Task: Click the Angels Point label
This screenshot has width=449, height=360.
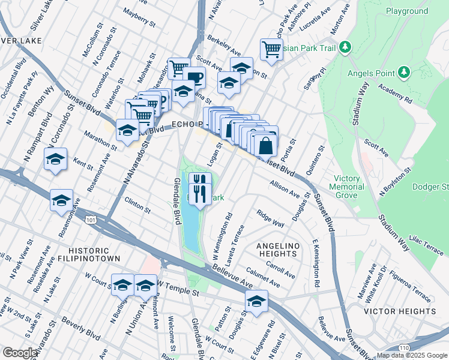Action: (370, 73)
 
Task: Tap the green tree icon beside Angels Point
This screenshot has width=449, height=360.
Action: (404, 73)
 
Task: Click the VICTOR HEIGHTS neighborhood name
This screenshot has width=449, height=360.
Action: (400, 311)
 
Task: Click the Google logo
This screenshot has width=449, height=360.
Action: (19, 353)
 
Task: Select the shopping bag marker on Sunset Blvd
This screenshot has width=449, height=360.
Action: (265, 145)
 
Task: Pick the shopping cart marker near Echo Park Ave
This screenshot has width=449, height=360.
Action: (271, 49)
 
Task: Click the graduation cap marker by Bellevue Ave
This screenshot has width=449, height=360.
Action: (256, 301)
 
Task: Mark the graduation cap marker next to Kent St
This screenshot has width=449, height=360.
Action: (55, 160)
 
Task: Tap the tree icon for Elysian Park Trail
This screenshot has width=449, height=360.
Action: (345, 47)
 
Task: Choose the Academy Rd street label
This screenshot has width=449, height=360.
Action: (395, 92)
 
